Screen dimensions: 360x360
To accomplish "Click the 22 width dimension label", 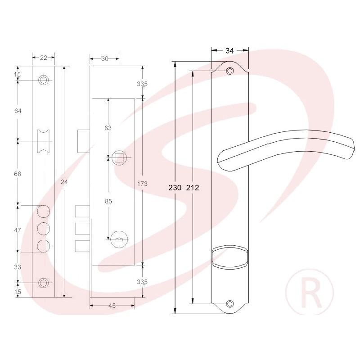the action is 43,58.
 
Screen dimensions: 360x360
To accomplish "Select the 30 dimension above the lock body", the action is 104,59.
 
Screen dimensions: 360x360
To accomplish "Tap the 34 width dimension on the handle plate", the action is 229,50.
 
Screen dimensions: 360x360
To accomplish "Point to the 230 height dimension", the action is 175,188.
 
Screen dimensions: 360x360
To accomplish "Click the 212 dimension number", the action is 193,188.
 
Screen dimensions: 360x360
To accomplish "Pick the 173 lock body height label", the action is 142,184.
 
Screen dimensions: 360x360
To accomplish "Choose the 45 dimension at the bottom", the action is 112,306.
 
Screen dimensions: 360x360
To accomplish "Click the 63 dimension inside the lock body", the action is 108,128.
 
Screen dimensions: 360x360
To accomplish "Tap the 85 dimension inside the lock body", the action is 108,201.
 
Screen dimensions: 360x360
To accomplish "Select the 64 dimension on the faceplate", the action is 18,111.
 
